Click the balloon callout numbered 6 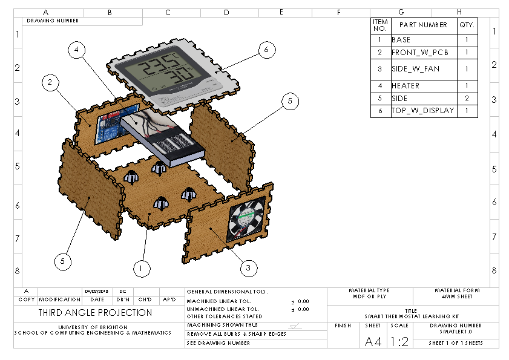266,50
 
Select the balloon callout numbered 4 76,50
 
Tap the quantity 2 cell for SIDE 466,98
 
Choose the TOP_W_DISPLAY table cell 421,111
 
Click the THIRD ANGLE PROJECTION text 96,313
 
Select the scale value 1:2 399,342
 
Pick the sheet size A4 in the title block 373,342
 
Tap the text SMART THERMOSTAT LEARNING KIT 412,316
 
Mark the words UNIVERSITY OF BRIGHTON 93,327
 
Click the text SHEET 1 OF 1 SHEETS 455,343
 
